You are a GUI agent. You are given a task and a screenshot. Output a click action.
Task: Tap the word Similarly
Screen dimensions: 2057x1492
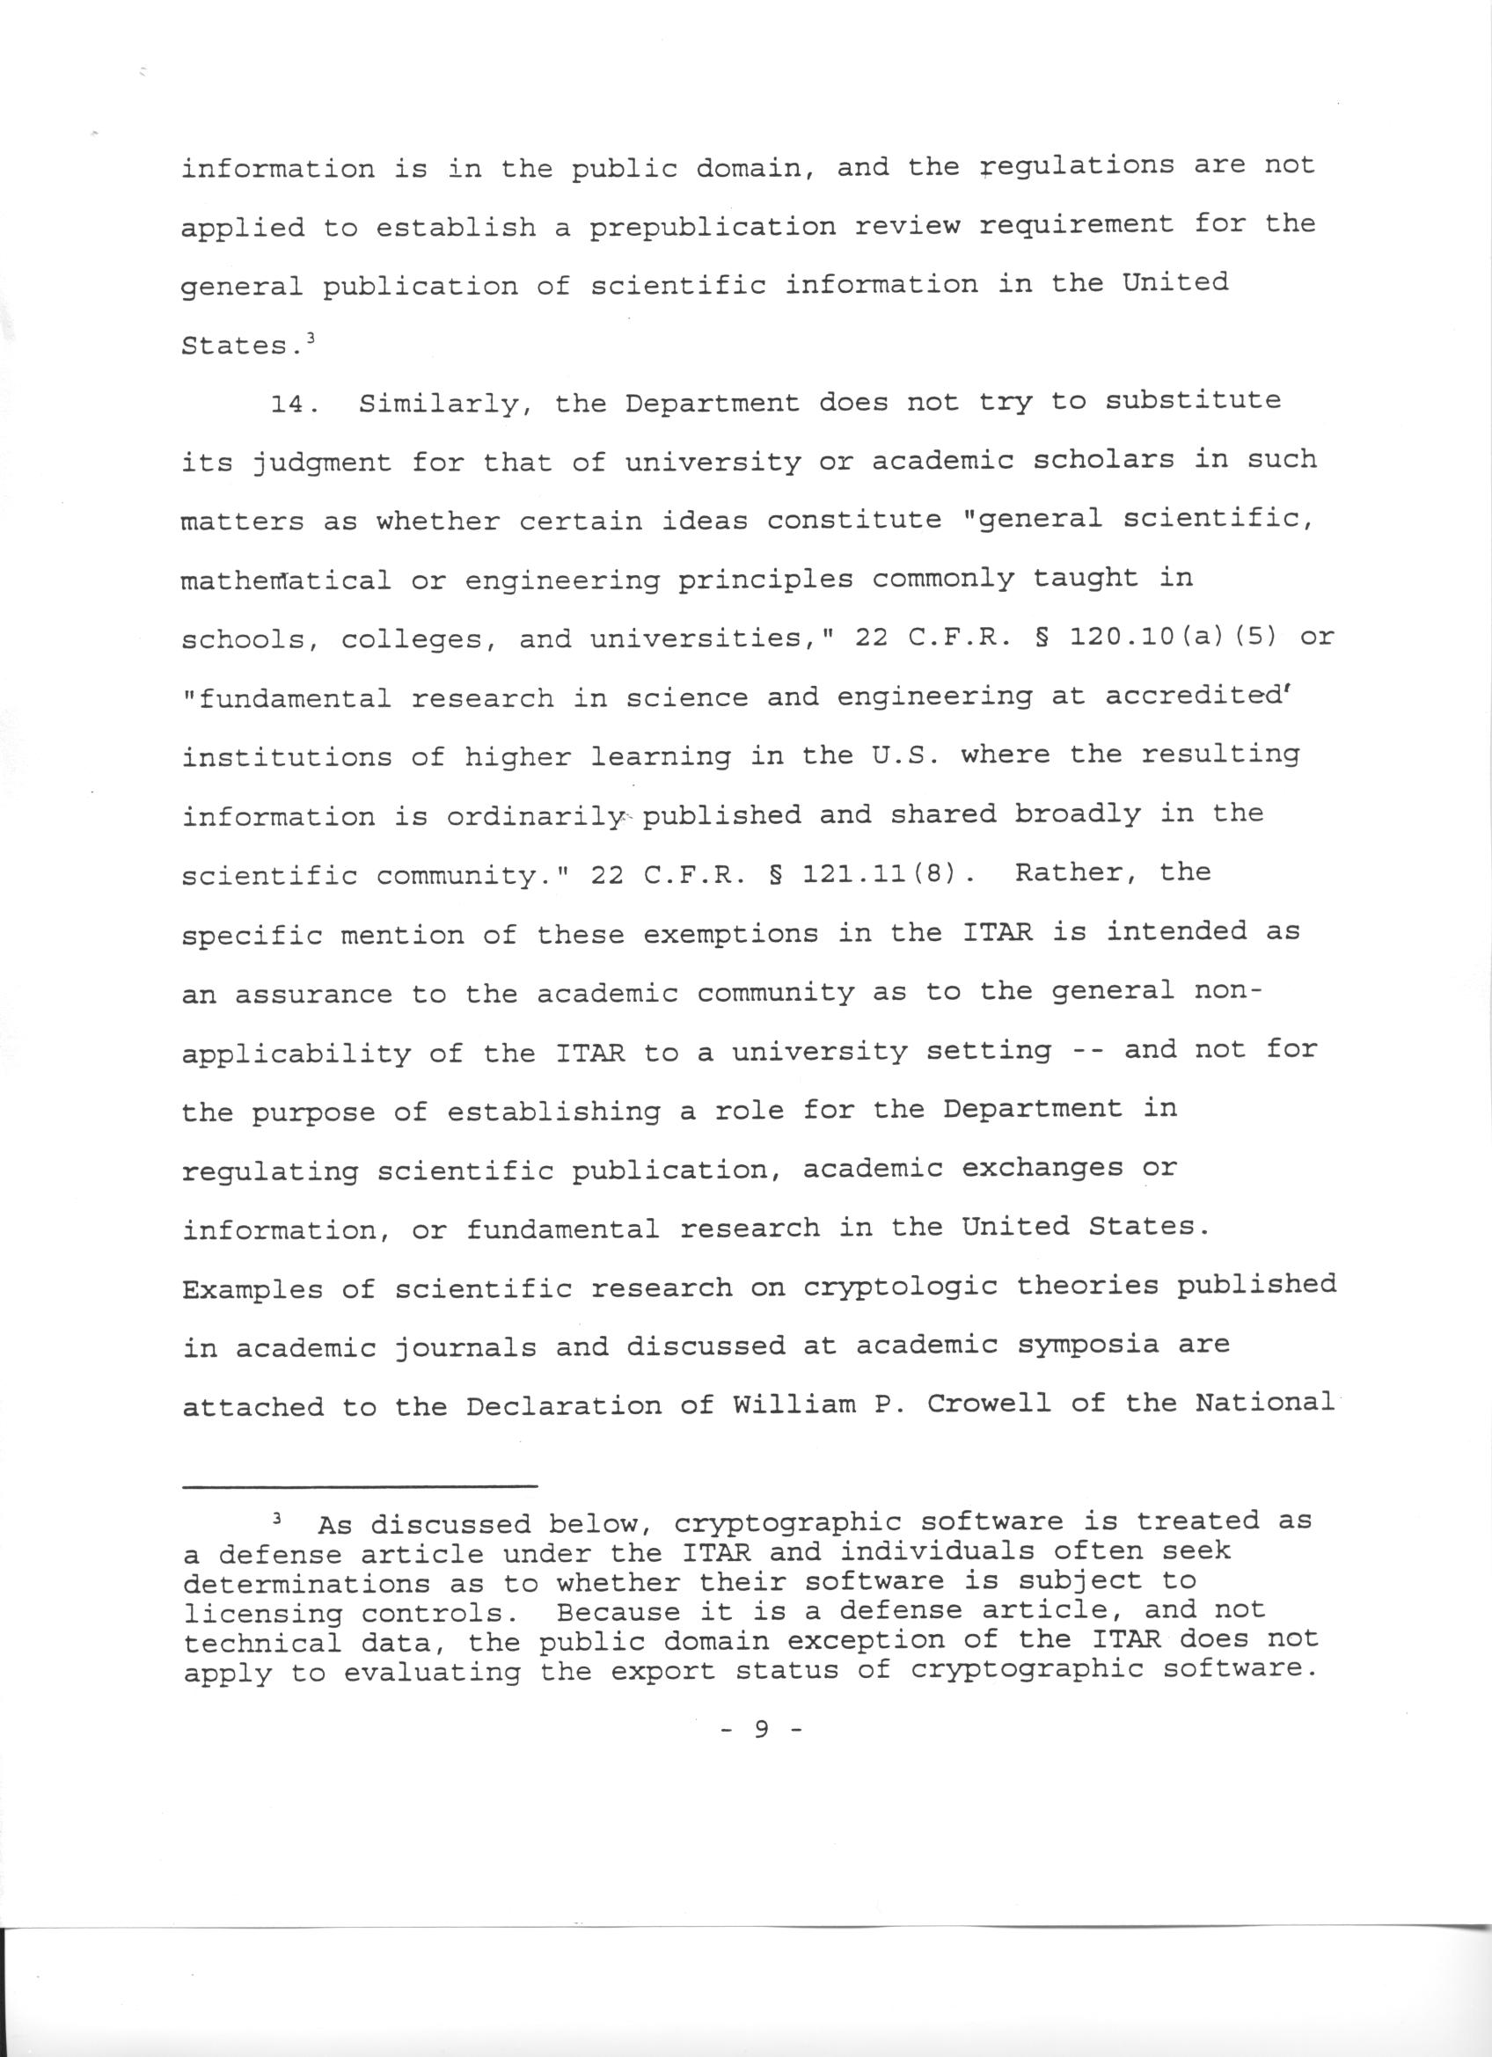[446, 404]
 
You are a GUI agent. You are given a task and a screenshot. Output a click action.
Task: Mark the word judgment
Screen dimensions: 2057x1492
[322, 463]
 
